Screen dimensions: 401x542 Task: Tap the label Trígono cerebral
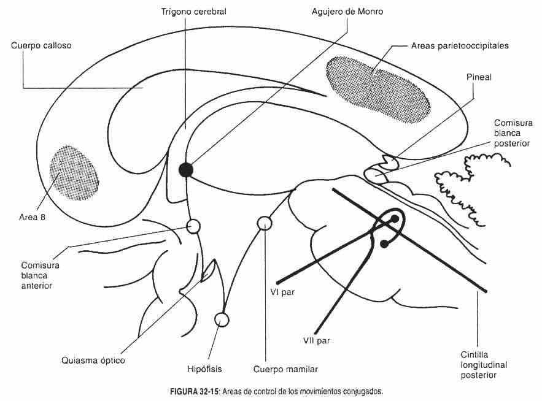click(194, 12)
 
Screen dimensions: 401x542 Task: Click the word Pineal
click(479, 78)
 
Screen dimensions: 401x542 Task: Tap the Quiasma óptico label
click(93, 361)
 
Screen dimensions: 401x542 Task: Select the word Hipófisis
click(204, 369)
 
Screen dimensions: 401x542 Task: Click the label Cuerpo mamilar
click(285, 369)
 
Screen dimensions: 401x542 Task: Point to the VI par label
click(282, 291)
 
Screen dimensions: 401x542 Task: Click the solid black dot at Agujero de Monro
click(186, 170)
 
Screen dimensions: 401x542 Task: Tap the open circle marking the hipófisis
click(222, 319)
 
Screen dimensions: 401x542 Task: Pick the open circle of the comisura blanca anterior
click(194, 226)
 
